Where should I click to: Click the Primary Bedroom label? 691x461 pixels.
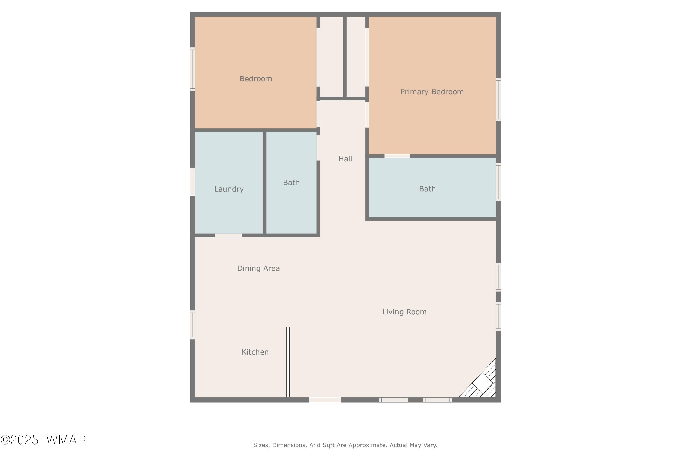pos(432,92)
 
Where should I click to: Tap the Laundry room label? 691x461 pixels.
pos(229,189)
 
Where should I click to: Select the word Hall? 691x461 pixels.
pos(345,159)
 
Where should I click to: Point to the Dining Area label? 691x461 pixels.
pos(258,268)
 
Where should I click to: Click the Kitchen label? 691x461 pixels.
pos(255,352)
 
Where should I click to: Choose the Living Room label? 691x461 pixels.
pos(404,312)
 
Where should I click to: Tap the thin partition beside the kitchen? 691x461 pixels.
pos(288,362)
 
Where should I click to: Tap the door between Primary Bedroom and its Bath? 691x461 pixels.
pos(397,156)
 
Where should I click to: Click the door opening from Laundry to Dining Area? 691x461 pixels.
pos(228,236)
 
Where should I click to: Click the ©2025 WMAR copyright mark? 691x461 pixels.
pos(43,440)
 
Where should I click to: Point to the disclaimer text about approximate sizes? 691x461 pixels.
pos(345,445)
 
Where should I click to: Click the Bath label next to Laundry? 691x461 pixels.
pos(291,183)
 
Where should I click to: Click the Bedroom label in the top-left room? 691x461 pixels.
pos(256,79)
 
